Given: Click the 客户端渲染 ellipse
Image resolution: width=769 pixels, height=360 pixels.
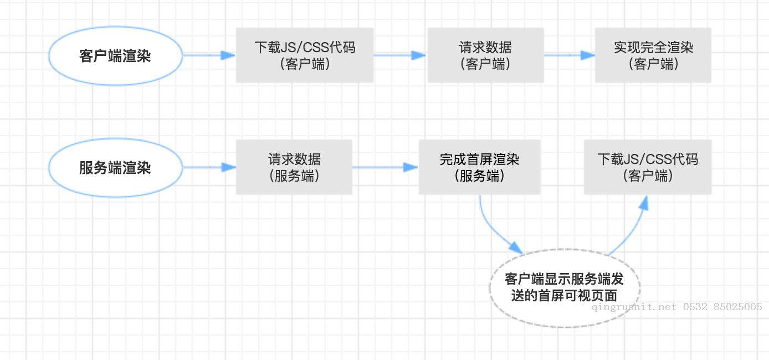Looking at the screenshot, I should tap(115, 55).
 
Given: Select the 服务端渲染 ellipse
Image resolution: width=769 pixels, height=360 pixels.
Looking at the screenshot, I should tap(115, 167).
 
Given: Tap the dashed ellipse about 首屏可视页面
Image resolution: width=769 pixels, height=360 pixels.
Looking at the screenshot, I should tap(565, 287).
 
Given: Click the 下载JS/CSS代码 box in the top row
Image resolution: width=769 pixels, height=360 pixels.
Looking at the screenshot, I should tap(304, 55).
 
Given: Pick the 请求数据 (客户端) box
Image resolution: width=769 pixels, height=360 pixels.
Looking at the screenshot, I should tap(485, 55).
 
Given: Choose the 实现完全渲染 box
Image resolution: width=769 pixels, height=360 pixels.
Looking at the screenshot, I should tap(653, 55).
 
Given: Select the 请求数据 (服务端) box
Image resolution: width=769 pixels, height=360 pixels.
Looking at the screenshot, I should tap(294, 167).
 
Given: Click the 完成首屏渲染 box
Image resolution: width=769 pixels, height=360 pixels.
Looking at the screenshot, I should tap(479, 167).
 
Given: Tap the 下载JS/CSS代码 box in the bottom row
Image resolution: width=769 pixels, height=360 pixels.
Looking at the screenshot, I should tap(647, 167).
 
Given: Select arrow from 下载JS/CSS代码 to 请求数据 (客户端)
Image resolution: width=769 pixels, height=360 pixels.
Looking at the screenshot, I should tap(399, 55).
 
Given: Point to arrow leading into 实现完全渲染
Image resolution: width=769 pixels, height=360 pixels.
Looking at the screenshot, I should tap(568, 55).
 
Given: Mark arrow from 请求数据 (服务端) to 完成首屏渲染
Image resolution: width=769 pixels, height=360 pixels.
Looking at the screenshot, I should tap(384, 167).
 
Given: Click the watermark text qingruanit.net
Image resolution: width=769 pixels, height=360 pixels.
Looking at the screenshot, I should tap(634, 307).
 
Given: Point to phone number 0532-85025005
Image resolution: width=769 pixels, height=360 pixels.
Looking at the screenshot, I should tap(722, 307).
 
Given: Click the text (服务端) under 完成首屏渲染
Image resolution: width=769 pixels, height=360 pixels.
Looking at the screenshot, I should tap(479, 176).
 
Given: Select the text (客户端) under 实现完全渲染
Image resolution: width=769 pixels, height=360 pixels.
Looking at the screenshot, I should tap(653, 64).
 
